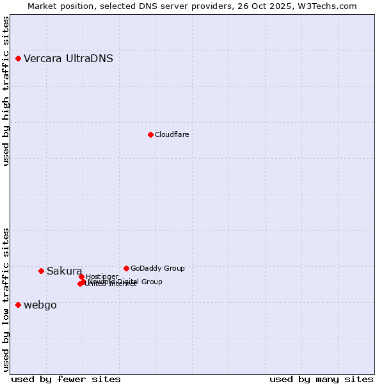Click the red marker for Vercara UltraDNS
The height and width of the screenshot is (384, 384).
(19, 59)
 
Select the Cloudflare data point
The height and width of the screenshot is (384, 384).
(150, 134)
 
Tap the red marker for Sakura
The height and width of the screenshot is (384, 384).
(42, 271)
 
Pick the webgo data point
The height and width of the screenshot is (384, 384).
(19, 305)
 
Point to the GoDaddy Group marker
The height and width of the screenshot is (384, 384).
(126, 268)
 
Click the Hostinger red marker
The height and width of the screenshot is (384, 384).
(81, 276)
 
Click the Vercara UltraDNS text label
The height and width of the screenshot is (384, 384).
(68, 59)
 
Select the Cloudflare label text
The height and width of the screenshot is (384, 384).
(172, 134)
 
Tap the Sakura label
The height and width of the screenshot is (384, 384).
(64, 271)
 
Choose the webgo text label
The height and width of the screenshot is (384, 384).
(40, 305)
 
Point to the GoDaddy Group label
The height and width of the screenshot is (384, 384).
(157, 268)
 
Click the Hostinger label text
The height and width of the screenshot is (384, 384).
(102, 276)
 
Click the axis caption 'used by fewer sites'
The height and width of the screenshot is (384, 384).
(66, 379)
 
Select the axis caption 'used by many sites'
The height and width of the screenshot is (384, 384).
(321, 379)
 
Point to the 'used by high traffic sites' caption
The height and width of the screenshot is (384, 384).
(6, 91)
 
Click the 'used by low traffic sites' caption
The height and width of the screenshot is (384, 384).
(6, 300)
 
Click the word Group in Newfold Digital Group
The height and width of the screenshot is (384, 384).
(152, 282)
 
